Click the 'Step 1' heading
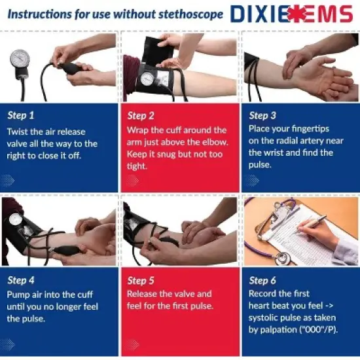[21, 115]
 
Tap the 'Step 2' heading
[141, 115]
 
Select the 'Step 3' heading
[262, 115]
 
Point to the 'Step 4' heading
[21, 280]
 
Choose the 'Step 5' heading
[141, 280]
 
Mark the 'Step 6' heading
[262, 280]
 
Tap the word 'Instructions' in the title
[37, 14]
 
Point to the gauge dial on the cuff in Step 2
[148, 79]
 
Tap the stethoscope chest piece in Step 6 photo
[283, 259]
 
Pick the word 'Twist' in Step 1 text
[18, 131]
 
